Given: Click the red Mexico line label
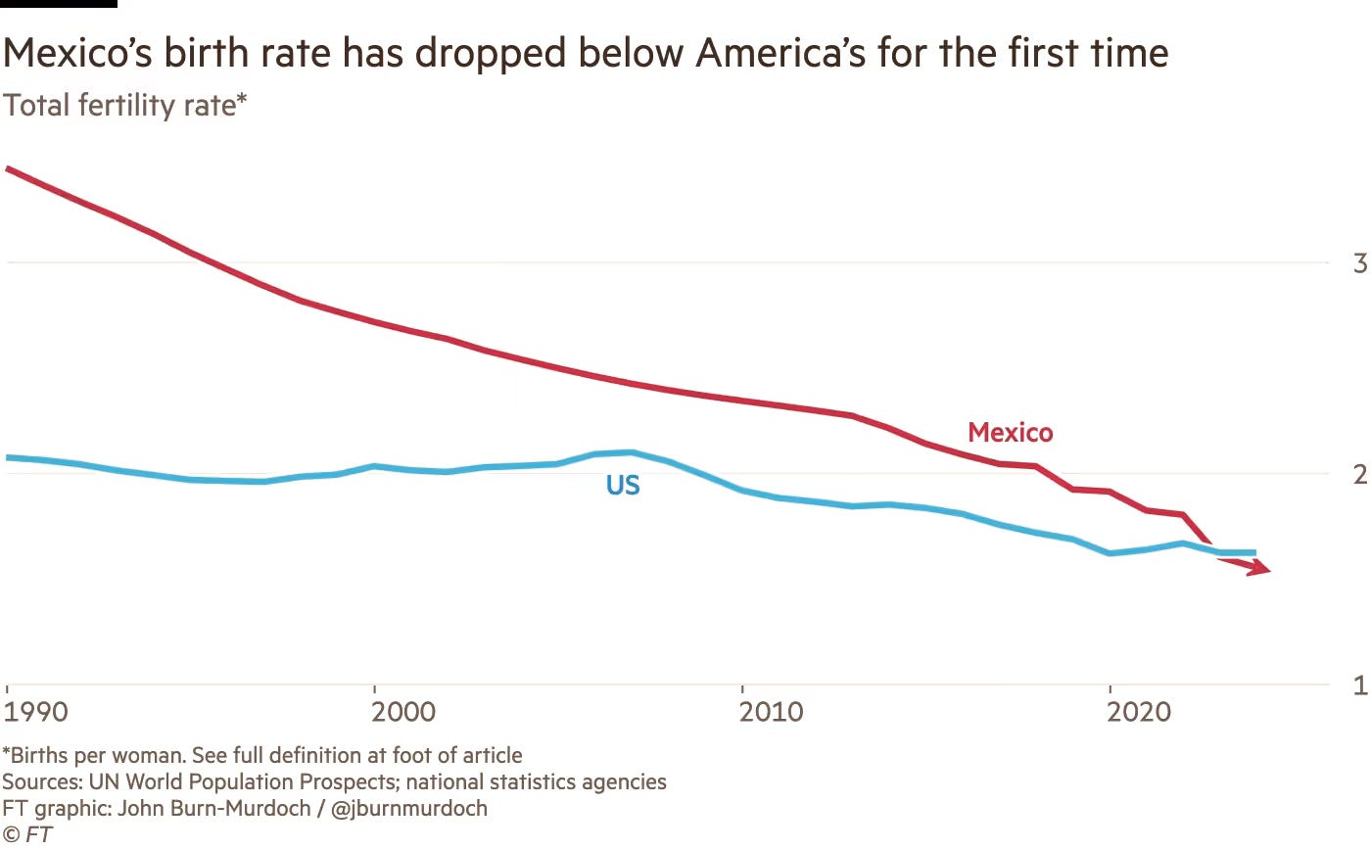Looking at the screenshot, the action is [x=1010, y=433].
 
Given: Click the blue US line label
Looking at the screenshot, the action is [x=623, y=486].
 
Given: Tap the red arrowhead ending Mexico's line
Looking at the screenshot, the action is [x=1258, y=567].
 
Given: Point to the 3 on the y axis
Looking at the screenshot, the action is [x=1360, y=263].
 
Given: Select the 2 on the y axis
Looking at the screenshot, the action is [x=1360, y=474].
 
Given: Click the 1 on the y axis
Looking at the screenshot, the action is [x=1360, y=685].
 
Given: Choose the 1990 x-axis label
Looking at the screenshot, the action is [x=35, y=712].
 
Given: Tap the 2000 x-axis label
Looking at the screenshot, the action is [x=403, y=712].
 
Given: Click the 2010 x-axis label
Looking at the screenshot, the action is [x=771, y=712].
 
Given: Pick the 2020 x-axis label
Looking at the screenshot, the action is [x=1138, y=712].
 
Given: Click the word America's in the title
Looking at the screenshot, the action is [x=780, y=53].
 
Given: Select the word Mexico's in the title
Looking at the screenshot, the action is [x=77, y=53].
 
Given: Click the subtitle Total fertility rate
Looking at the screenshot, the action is [x=124, y=105].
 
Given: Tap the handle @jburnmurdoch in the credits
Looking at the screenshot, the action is [x=409, y=809].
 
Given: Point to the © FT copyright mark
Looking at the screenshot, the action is [x=27, y=834].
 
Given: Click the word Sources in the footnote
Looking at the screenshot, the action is [x=42, y=782].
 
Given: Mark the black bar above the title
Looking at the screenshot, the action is [x=59, y=4].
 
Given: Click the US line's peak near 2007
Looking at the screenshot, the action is [x=631, y=452].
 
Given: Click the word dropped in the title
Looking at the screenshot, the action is [x=491, y=54].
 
